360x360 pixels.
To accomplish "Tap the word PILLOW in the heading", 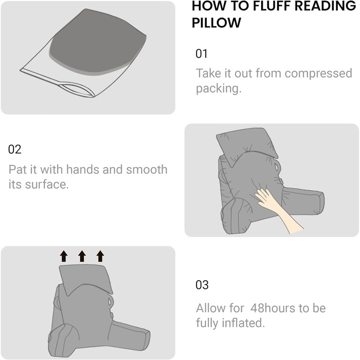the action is point(217,23).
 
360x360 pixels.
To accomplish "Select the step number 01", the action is point(202,53).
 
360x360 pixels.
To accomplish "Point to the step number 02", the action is point(15,149).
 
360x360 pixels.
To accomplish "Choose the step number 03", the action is point(202,285).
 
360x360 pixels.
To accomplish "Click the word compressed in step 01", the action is point(318,74).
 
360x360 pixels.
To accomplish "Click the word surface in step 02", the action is point(47,184).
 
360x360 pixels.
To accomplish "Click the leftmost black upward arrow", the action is point(64,256).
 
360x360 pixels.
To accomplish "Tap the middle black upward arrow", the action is point(82,256).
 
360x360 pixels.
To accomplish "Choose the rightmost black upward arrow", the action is point(100,256).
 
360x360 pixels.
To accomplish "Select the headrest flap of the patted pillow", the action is point(247,145).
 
